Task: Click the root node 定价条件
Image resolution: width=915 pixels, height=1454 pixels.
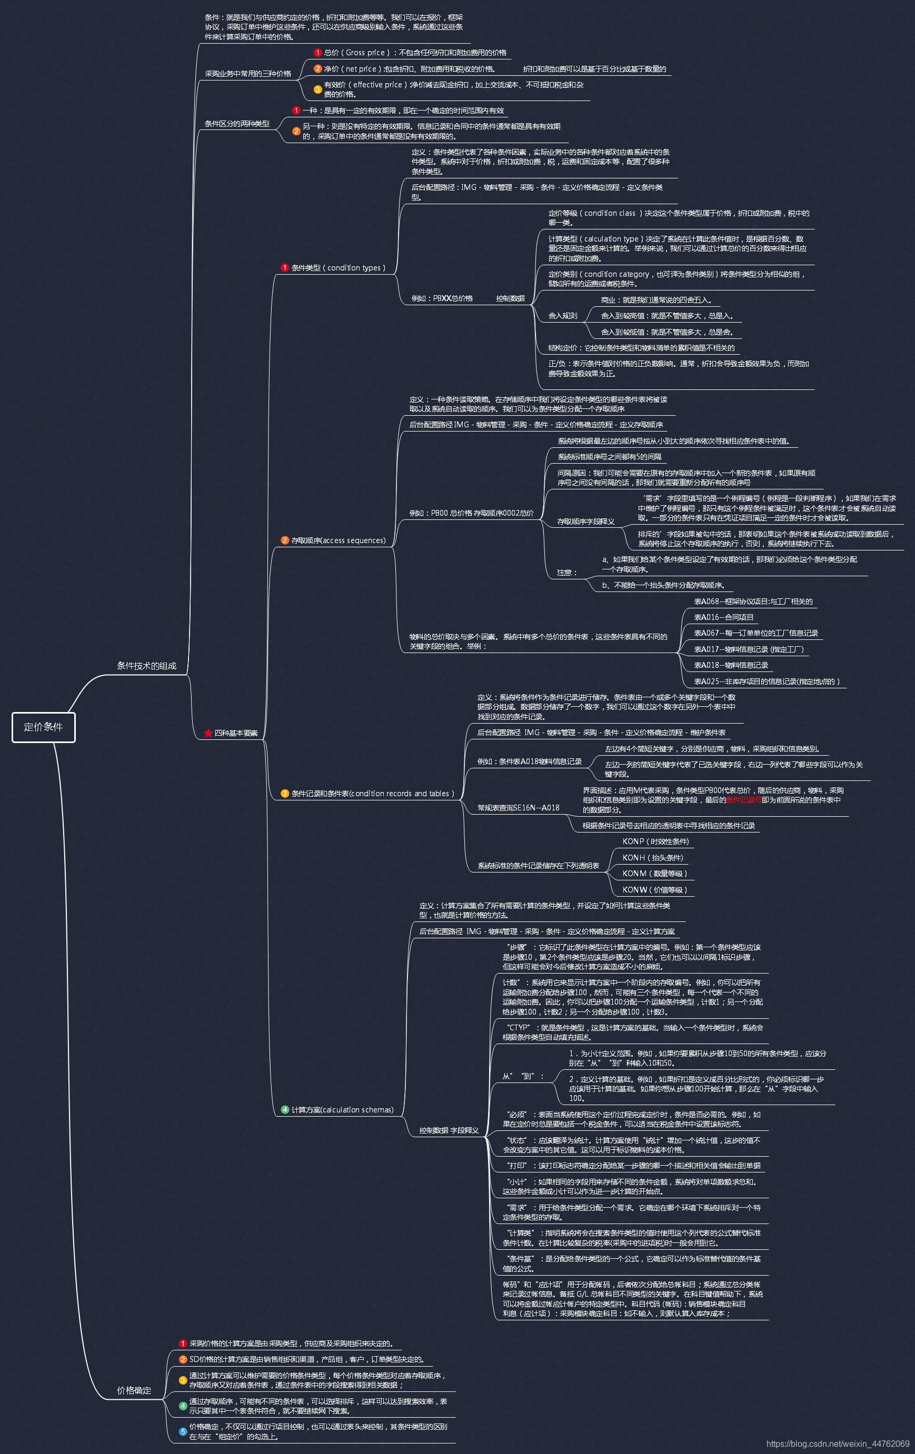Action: pos(44,727)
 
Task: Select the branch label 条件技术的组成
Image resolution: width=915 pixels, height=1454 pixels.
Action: pos(146,665)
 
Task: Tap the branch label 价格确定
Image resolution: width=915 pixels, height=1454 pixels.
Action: pos(134,1390)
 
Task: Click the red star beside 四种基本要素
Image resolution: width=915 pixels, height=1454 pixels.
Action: pos(208,733)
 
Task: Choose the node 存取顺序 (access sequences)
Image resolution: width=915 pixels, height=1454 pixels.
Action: pos(338,540)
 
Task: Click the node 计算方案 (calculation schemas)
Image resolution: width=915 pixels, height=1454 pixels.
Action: pos(342,1109)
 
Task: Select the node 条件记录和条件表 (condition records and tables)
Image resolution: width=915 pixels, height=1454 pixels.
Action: pos(373,794)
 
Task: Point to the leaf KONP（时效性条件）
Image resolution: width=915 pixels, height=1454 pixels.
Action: pos(655,841)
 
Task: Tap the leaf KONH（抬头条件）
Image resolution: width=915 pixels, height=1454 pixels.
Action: pos(653,857)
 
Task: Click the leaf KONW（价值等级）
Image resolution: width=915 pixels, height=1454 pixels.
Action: pos(655,889)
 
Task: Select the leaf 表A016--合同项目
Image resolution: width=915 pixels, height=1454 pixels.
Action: pos(723,617)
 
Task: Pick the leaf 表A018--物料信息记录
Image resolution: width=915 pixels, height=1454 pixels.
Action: pos(731,665)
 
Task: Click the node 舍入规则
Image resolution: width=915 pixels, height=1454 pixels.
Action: pos(562,316)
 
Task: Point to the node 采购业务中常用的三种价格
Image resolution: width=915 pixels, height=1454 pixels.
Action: pos(247,74)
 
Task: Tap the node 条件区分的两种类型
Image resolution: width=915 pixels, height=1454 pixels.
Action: pos(237,124)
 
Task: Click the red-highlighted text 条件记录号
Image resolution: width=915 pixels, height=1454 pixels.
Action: pos(743,799)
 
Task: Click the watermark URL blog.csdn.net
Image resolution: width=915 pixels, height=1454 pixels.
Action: pos(838,1443)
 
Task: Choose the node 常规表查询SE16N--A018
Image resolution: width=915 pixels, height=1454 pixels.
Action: pos(518,807)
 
